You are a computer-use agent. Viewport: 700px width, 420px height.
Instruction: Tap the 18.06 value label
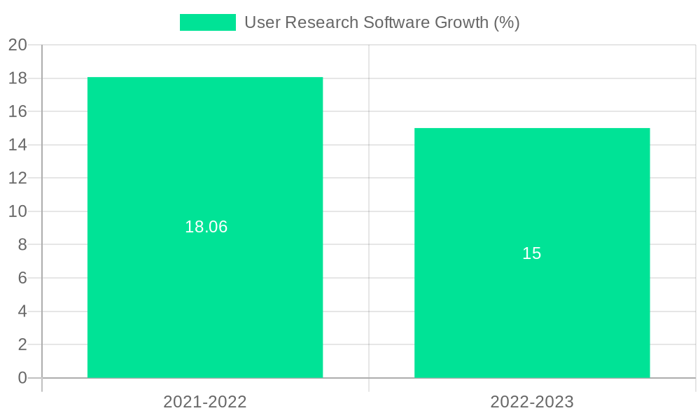pos(206,227)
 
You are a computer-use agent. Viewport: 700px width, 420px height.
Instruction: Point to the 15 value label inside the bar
pos(532,253)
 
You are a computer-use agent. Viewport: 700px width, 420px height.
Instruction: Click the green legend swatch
pos(208,22)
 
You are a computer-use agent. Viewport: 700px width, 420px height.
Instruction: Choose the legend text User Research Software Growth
pos(381,22)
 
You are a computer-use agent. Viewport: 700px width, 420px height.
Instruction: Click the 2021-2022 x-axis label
pos(205,402)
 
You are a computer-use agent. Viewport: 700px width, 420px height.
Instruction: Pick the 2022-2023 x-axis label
pos(532,402)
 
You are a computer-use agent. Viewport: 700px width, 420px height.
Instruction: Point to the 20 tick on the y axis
pos(17,45)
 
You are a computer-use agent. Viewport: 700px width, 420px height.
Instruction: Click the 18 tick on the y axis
pos(17,78)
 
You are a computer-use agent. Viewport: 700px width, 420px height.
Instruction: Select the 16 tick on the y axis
pos(17,111)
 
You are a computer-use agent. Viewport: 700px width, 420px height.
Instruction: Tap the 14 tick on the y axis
pos(17,145)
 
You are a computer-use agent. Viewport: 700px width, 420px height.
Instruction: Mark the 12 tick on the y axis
pos(17,178)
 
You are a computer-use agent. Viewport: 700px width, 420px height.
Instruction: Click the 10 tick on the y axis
pos(17,211)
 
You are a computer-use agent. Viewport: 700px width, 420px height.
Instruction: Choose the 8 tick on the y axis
pos(22,244)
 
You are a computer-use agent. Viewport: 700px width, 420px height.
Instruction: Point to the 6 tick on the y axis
pos(22,278)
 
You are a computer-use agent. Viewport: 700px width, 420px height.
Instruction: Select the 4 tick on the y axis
pos(22,311)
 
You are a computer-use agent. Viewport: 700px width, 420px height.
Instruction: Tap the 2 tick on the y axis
pos(22,344)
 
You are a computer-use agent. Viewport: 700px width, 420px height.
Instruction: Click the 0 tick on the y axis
pos(22,378)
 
